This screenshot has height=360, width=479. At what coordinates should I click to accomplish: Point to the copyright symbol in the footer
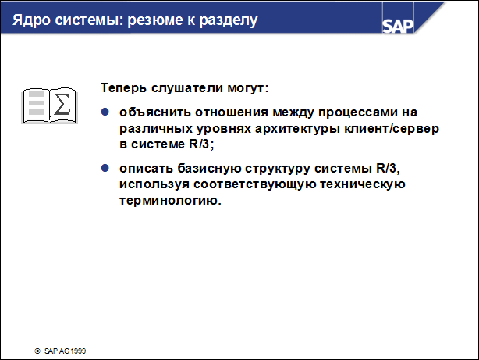(x=35, y=351)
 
